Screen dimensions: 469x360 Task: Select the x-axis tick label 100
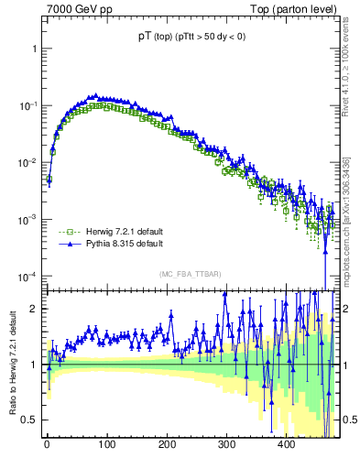pyautogui.click(x=107, y=444)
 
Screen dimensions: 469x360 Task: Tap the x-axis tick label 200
pyautogui.click(x=167, y=444)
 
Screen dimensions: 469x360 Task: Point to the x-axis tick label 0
pyautogui.click(x=47, y=444)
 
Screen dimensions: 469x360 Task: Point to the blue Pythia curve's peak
pyautogui.click(x=93, y=94)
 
